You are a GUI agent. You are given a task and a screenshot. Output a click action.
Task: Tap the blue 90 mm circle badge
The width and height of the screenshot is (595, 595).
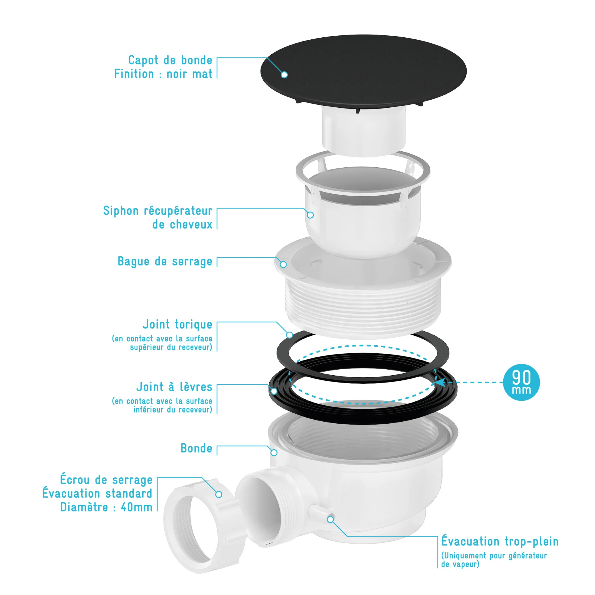tap(521, 382)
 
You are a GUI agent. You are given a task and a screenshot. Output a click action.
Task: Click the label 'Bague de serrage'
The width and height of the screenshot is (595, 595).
tap(165, 261)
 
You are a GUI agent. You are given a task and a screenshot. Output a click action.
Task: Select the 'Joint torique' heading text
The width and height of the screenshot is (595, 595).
tap(177, 324)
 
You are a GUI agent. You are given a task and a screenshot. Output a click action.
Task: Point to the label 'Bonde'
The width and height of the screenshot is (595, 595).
tap(197, 448)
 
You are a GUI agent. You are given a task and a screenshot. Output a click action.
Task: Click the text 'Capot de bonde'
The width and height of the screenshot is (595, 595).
tap(170, 60)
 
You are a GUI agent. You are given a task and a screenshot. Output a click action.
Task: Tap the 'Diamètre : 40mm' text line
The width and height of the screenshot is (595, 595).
tap(106, 507)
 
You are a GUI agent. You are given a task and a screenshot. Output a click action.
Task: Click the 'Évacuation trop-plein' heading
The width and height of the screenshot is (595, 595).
tap(500, 541)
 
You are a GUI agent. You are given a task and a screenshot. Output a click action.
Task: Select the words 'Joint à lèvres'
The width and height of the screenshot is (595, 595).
tap(174, 387)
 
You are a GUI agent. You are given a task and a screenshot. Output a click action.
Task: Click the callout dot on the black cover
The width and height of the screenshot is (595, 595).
tap(284, 75)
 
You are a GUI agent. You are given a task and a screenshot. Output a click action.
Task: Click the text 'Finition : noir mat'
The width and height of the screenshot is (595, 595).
tap(163, 74)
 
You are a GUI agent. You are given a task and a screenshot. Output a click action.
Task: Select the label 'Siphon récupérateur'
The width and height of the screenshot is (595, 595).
tap(158, 211)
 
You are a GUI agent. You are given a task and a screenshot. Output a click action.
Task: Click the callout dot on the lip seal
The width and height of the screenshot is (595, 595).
tap(274, 391)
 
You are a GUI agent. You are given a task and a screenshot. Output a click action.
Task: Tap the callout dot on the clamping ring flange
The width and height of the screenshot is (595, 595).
tap(283, 265)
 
